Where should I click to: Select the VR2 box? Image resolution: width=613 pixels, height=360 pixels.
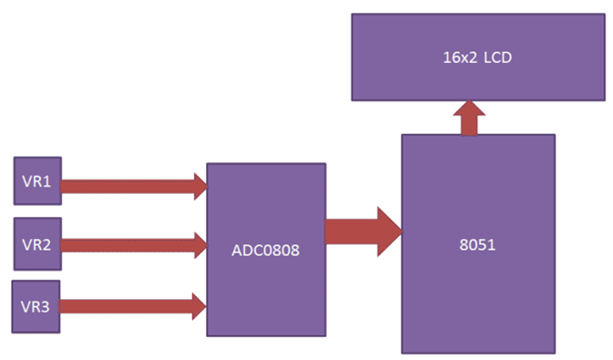click(37, 243)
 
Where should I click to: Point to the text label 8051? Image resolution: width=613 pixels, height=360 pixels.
click(478, 244)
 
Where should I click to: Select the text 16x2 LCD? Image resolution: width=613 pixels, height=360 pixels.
click(477, 57)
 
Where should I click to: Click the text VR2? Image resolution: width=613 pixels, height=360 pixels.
click(37, 243)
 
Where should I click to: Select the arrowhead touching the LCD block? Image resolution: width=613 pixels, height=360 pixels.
click(470, 108)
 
